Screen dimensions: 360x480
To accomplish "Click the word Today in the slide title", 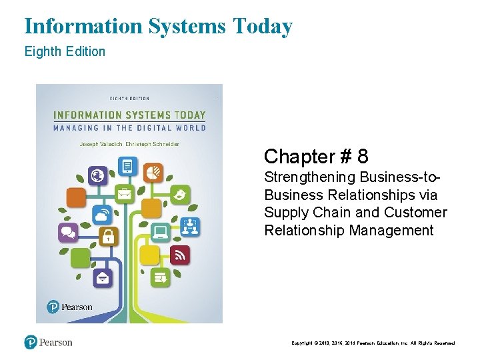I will (x=263, y=27).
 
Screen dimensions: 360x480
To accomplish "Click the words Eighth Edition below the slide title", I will (x=65, y=51).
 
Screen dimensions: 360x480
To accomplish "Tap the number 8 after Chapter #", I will (x=363, y=157).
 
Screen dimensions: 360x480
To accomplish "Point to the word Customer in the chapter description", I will (x=418, y=213).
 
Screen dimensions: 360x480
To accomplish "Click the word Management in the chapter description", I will (x=393, y=231).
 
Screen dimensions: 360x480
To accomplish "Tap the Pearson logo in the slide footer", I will (x=48, y=342).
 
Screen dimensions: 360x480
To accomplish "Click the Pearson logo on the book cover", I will (x=70, y=307).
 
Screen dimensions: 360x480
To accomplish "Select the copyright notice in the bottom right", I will (x=373, y=343).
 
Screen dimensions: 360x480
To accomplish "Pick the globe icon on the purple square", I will (x=99, y=176).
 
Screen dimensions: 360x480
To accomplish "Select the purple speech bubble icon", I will (x=69, y=232).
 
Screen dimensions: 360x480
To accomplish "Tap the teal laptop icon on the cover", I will (x=160, y=231).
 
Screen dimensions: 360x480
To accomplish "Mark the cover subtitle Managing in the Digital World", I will (x=130, y=127).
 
